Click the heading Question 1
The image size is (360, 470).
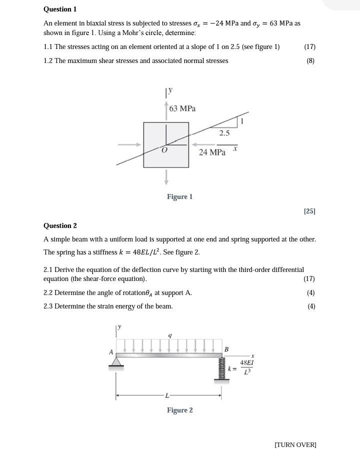(60, 9)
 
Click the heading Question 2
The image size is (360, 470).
(60, 225)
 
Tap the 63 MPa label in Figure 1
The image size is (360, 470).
(182, 108)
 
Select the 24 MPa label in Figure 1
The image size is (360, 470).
(212, 152)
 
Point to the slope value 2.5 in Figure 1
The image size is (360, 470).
(224, 133)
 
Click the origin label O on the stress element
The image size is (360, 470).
(164, 150)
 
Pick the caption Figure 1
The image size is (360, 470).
(179, 196)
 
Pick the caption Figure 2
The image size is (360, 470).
(179, 410)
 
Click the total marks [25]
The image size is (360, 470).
(309, 211)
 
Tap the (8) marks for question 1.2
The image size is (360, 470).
(310, 60)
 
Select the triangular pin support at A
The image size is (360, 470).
(116, 361)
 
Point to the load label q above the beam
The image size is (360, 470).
(169, 335)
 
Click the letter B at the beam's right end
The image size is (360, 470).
(226, 349)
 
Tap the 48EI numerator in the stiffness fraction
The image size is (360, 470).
(246, 362)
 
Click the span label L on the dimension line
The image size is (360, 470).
(167, 396)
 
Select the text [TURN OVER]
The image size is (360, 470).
(295, 444)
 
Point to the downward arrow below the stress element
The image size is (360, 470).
(166, 176)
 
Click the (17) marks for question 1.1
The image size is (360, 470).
(309, 46)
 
